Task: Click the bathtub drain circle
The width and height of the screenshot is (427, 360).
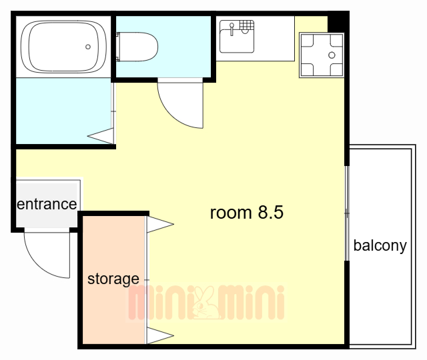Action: pyautogui.click(x=88, y=47)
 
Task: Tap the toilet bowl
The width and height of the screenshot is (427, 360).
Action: pyautogui.click(x=137, y=47)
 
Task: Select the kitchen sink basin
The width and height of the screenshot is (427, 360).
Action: pyautogui.click(x=237, y=41)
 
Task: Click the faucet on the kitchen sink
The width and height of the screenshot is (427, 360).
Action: pyautogui.click(x=232, y=29)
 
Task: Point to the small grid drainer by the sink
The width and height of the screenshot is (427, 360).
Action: pyautogui.click(x=247, y=25)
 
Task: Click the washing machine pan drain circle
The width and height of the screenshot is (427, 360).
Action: pyautogui.click(x=332, y=55)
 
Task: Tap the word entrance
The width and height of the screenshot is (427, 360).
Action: pyautogui.click(x=47, y=204)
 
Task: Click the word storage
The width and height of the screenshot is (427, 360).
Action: pyautogui.click(x=113, y=279)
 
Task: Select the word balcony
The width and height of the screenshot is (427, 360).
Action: pyautogui.click(x=380, y=246)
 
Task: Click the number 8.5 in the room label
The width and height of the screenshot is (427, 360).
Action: pyautogui.click(x=271, y=212)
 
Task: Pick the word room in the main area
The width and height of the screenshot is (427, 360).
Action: pyautogui.click(x=231, y=213)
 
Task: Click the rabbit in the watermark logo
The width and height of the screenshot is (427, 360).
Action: pyautogui.click(x=205, y=303)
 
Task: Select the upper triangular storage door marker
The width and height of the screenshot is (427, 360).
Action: pyautogui.click(x=160, y=225)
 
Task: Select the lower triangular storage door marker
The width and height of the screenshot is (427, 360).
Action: pyautogui.click(x=160, y=336)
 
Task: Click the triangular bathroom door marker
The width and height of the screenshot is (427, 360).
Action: pyautogui.click(x=101, y=136)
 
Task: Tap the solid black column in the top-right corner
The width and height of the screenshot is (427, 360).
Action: pyautogui.click(x=338, y=22)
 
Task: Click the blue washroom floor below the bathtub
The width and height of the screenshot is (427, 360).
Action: pyautogui.click(x=63, y=111)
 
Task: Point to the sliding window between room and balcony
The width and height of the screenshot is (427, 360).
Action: pyautogui.click(x=347, y=213)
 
